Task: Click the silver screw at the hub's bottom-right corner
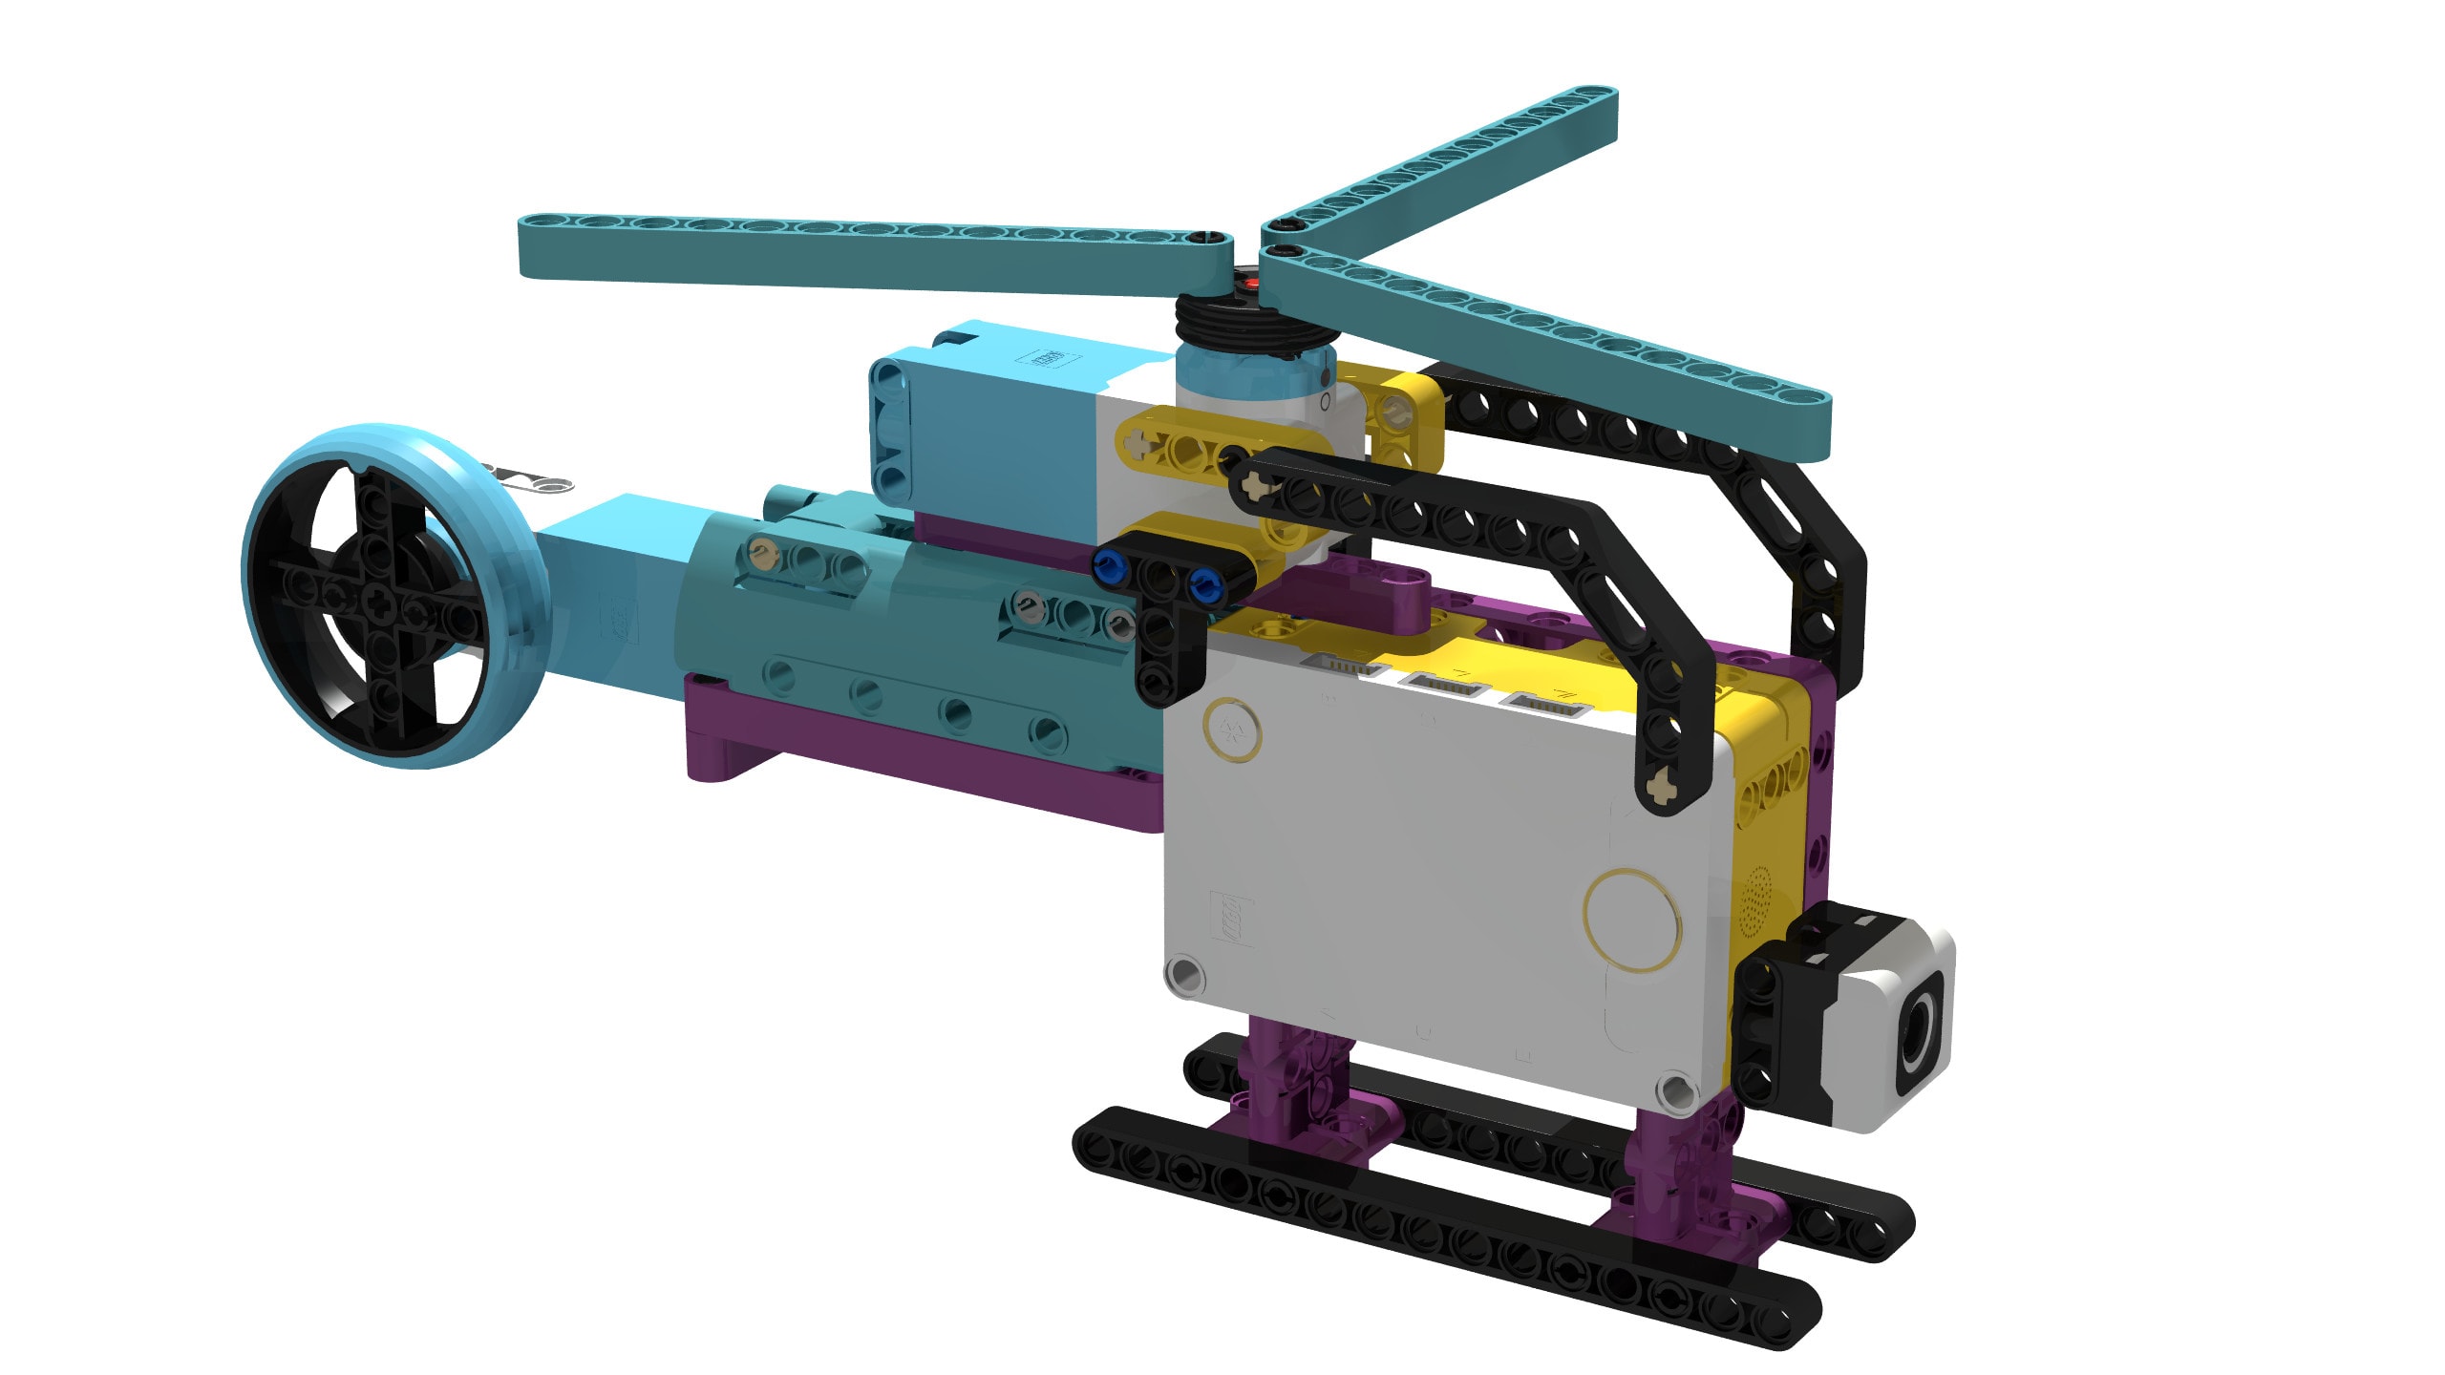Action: pos(1675,1089)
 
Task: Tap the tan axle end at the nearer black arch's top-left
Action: pos(1250,488)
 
